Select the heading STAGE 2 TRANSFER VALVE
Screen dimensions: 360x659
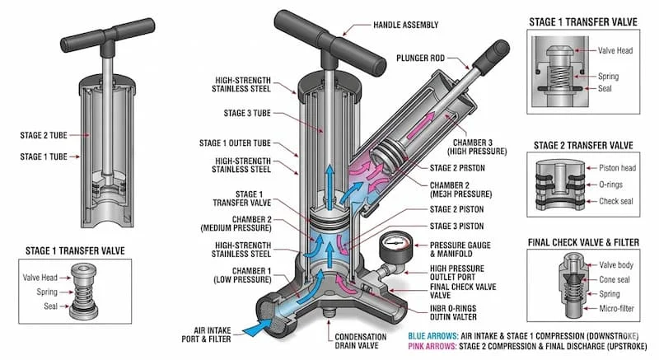click(582, 145)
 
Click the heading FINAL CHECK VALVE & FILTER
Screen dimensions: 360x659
click(582, 242)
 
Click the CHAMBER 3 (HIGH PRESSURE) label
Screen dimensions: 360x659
click(470, 147)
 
